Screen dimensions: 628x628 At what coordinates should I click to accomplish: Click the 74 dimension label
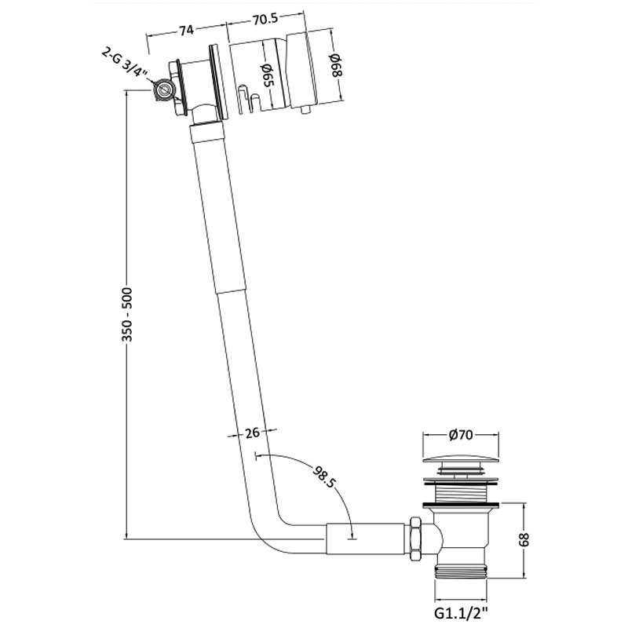[186, 31]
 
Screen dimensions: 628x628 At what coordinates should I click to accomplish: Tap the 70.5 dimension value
[265, 19]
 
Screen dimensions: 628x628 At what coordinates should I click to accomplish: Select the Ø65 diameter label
[267, 75]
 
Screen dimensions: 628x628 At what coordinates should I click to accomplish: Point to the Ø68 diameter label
[336, 66]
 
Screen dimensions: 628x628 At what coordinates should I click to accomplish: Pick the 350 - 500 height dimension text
[127, 315]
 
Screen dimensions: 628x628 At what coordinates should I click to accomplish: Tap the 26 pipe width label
[252, 433]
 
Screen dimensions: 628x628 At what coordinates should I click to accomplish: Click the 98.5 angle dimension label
[324, 476]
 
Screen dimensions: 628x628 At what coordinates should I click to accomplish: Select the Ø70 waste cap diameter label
[461, 435]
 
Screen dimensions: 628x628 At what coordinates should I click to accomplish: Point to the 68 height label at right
[524, 539]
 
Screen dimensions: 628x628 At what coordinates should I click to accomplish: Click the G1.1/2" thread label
[462, 613]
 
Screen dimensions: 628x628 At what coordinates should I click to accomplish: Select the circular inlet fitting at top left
[163, 89]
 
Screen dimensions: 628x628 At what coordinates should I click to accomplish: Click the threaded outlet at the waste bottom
[461, 570]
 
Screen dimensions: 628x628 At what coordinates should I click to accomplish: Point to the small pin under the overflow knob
[306, 111]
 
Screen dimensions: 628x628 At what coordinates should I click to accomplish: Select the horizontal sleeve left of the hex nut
[365, 539]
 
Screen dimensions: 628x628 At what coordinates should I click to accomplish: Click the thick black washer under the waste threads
[461, 503]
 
